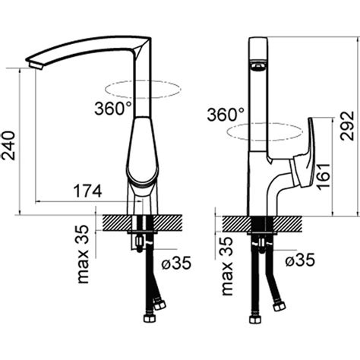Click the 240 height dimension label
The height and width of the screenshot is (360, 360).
8,146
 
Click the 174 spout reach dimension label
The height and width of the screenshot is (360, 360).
87,191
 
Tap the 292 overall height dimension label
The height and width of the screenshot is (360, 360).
347,125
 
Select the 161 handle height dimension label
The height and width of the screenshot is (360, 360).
324,175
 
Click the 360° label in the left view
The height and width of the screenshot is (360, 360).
113,109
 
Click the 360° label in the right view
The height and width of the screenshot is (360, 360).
226,114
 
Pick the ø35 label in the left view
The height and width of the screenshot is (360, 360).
176,263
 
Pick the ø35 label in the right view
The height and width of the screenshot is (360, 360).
300,259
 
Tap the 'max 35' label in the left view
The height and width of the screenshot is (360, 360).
84,254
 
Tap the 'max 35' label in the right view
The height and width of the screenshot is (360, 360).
227,266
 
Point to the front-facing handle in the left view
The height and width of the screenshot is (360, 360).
142,150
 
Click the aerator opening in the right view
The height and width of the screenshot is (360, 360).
258,67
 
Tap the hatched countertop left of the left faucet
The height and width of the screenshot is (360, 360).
117,223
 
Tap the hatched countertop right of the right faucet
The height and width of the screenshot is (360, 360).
288,223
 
